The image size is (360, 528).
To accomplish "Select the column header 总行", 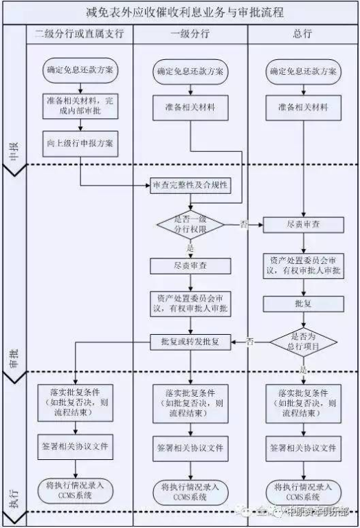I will click(303, 34).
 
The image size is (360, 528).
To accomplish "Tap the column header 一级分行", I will click(190, 34).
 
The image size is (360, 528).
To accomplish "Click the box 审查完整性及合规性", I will click(190, 186).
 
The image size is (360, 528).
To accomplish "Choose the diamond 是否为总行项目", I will click(303, 340).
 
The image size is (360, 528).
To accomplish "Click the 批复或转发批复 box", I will click(192, 341).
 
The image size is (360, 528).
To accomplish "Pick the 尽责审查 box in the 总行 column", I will click(303, 224).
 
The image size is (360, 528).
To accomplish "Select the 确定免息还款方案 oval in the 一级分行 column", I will click(192, 71).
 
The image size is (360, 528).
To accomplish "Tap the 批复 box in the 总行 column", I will click(303, 302).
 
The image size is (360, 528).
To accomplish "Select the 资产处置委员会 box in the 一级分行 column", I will click(192, 303).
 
